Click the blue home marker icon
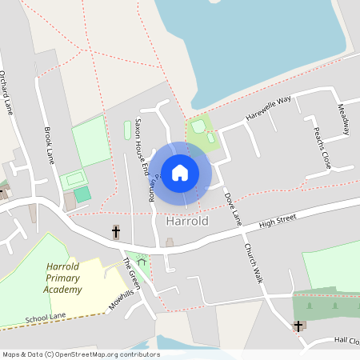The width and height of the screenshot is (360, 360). pos(180,172)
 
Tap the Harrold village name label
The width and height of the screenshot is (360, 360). pos(186,221)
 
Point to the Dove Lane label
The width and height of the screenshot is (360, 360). pos(232,207)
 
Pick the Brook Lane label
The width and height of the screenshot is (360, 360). pos(50,144)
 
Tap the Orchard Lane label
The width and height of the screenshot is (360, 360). pos(7,93)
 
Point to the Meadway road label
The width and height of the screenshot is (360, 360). pos(342,119)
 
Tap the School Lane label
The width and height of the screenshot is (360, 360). pos(45,317)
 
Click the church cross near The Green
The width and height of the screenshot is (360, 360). pos(116,232)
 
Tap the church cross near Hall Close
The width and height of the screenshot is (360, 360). pos(298,326)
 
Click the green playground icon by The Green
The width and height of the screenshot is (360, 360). pos(142,259)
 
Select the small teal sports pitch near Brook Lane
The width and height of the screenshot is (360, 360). pos(82,194)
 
